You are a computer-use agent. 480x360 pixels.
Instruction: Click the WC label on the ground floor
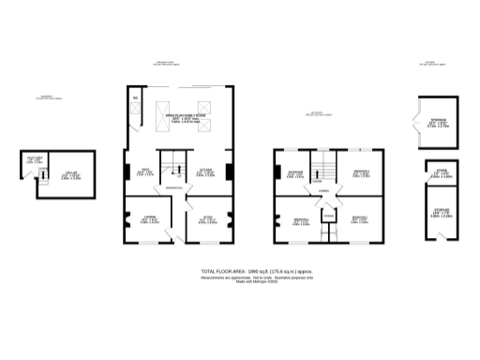[x=135, y=97]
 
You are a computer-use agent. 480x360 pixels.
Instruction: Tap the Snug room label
[x=146, y=170]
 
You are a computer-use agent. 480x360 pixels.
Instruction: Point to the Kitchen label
[x=206, y=170]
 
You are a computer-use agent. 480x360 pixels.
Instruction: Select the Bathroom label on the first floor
[x=294, y=172]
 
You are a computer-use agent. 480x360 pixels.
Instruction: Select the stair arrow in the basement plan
[x=42, y=177]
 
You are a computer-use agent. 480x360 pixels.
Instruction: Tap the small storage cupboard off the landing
[x=327, y=217]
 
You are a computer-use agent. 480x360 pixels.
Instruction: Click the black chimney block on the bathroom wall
[x=277, y=172]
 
